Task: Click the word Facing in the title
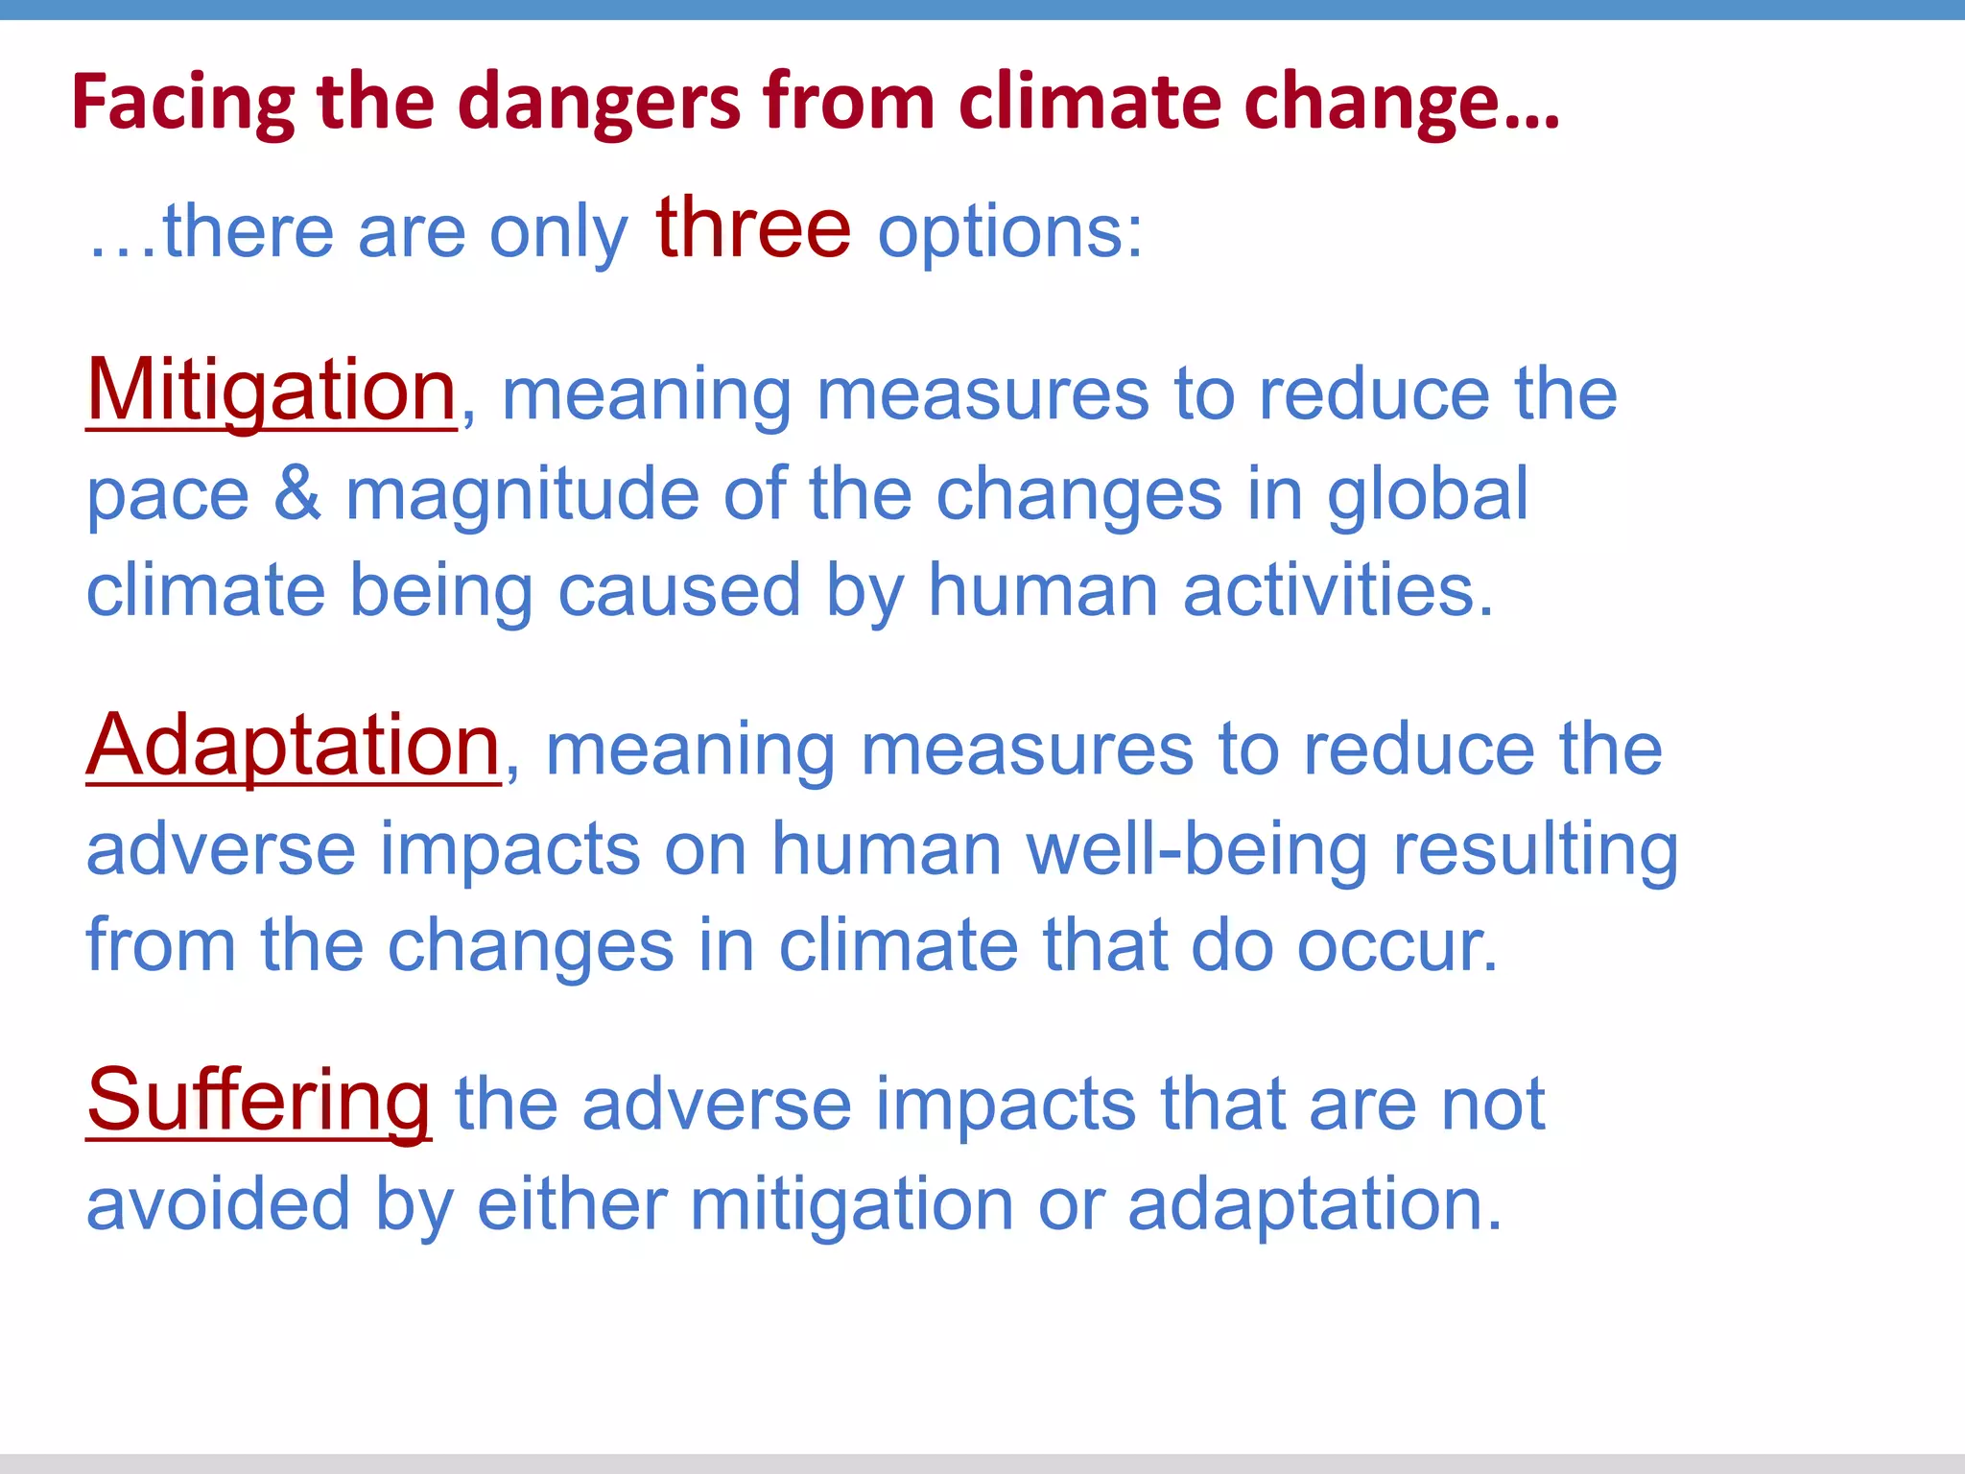[x=183, y=103]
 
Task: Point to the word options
[x=1010, y=233]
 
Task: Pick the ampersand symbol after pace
[x=297, y=493]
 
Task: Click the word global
[x=1428, y=493]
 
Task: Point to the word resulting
[x=1535, y=849]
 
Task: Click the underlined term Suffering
[x=259, y=1102]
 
